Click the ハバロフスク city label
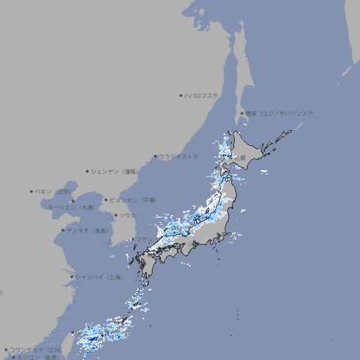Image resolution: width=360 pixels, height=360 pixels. (201, 94)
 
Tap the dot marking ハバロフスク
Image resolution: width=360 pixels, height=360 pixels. (181, 94)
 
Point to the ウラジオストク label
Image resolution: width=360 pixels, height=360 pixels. (179, 156)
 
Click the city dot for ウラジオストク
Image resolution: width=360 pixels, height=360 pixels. (155, 157)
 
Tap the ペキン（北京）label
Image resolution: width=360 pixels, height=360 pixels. (53, 191)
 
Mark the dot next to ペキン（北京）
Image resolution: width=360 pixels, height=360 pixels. (32, 191)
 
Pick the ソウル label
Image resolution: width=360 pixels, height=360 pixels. (127, 215)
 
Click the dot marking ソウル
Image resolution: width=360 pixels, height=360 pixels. (115, 216)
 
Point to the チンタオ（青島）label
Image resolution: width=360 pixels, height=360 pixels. (87, 230)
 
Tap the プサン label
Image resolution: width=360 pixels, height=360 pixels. (143, 239)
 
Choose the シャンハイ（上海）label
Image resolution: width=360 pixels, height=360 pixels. (98, 277)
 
